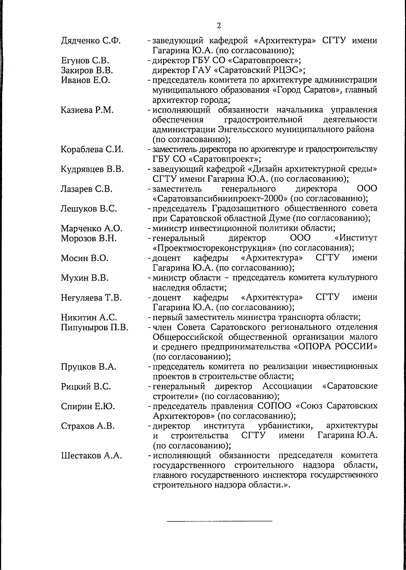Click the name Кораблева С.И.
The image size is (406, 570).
pos(92,149)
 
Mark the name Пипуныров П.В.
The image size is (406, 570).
pos(94,327)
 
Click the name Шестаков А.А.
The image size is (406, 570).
pos(91,455)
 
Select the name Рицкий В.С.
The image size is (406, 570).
pos(86,386)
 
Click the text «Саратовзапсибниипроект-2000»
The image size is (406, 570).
pos(220,198)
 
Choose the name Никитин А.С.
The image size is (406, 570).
pos(89,317)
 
